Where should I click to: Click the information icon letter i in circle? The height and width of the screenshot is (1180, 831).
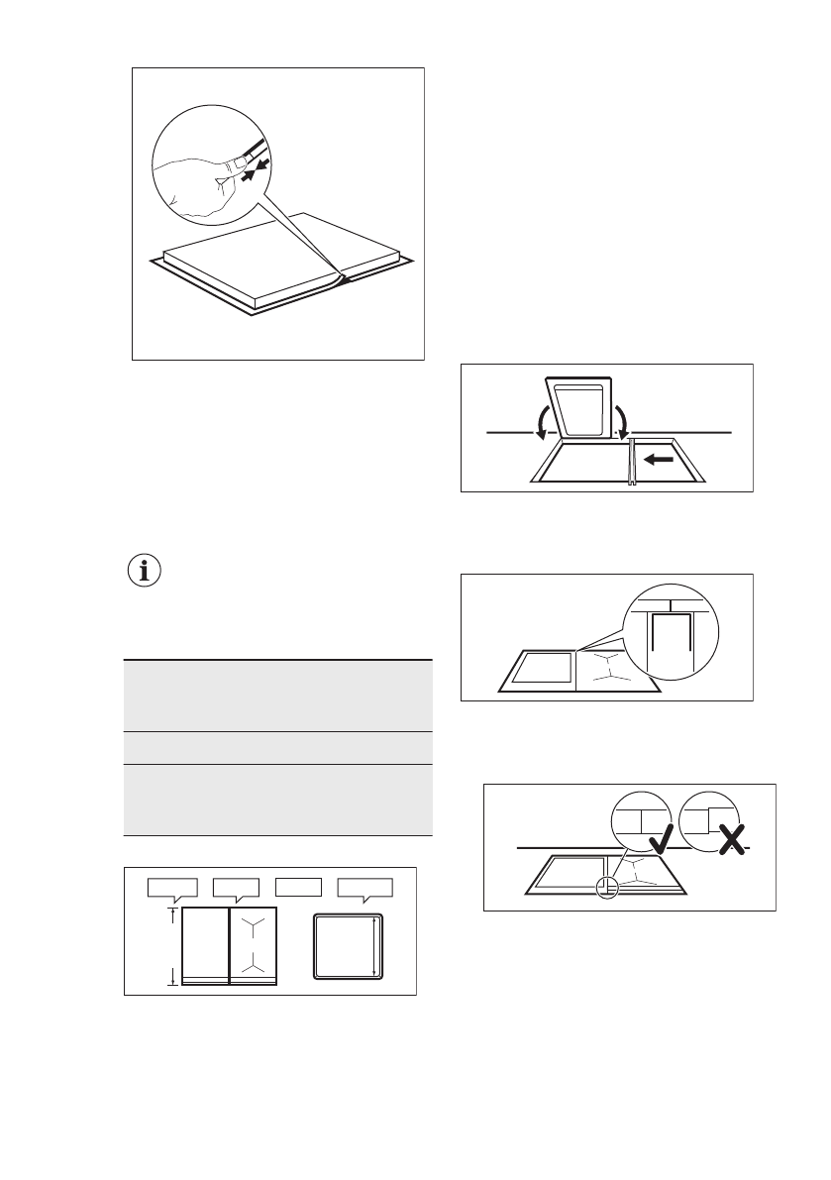pyautogui.click(x=146, y=572)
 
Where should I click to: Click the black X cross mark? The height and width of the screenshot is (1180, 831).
pyautogui.click(x=731, y=841)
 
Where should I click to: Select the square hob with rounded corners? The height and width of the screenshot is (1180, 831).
pyautogui.click(x=347, y=946)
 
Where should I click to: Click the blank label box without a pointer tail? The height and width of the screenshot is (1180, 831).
pyautogui.click(x=299, y=886)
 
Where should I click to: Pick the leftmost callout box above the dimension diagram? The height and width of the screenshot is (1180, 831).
pyautogui.click(x=172, y=887)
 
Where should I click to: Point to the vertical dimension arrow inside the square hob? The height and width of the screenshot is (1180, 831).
pyautogui.click(x=373, y=946)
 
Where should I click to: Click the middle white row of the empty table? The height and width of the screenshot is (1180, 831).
pyautogui.click(x=278, y=747)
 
